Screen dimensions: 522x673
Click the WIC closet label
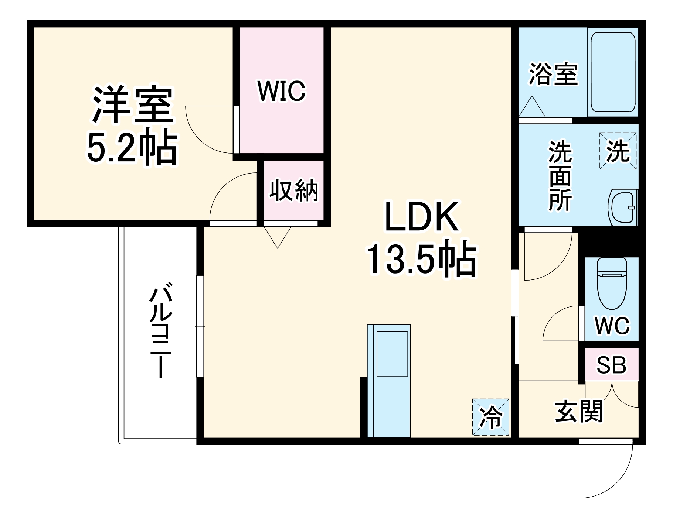coord(282,91)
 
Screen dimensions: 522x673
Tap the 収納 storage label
coord(293,190)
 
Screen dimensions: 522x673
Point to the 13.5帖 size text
coord(421,259)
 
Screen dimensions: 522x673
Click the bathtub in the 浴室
coord(613,72)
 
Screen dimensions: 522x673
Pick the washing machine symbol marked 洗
coord(618,151)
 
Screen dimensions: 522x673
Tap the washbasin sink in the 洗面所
coord(623,207)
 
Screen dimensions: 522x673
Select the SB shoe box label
coord(611,365)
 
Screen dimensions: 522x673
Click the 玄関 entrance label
coord(579,412)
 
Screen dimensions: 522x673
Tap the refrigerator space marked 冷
coord(491,417)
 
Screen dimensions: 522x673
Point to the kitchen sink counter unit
coord(388,380)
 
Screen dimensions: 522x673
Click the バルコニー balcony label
coord(161,330)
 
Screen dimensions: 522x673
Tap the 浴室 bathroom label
coord(553,74)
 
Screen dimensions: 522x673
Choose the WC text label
coord(612,326)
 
